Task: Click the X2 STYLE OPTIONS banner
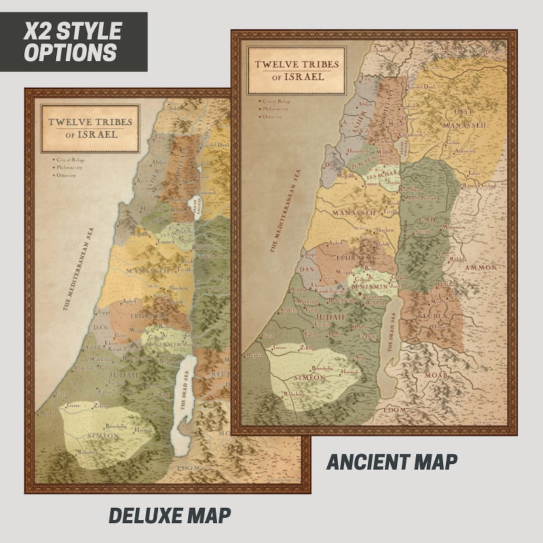tap(73, 41)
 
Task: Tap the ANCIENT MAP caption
tap(392, 462)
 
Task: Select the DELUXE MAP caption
tap(170, 515)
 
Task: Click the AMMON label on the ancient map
tap(481, 268)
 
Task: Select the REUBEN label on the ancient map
tap(432, 316)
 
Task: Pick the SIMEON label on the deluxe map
tap(103, 435)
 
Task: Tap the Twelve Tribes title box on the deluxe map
tap(90, 128)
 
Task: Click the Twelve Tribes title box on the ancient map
tap(296, 70)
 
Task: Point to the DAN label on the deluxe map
tap(101, 328)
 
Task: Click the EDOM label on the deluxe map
tap(188, 468)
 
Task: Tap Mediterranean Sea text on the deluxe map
tap(79, 269)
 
